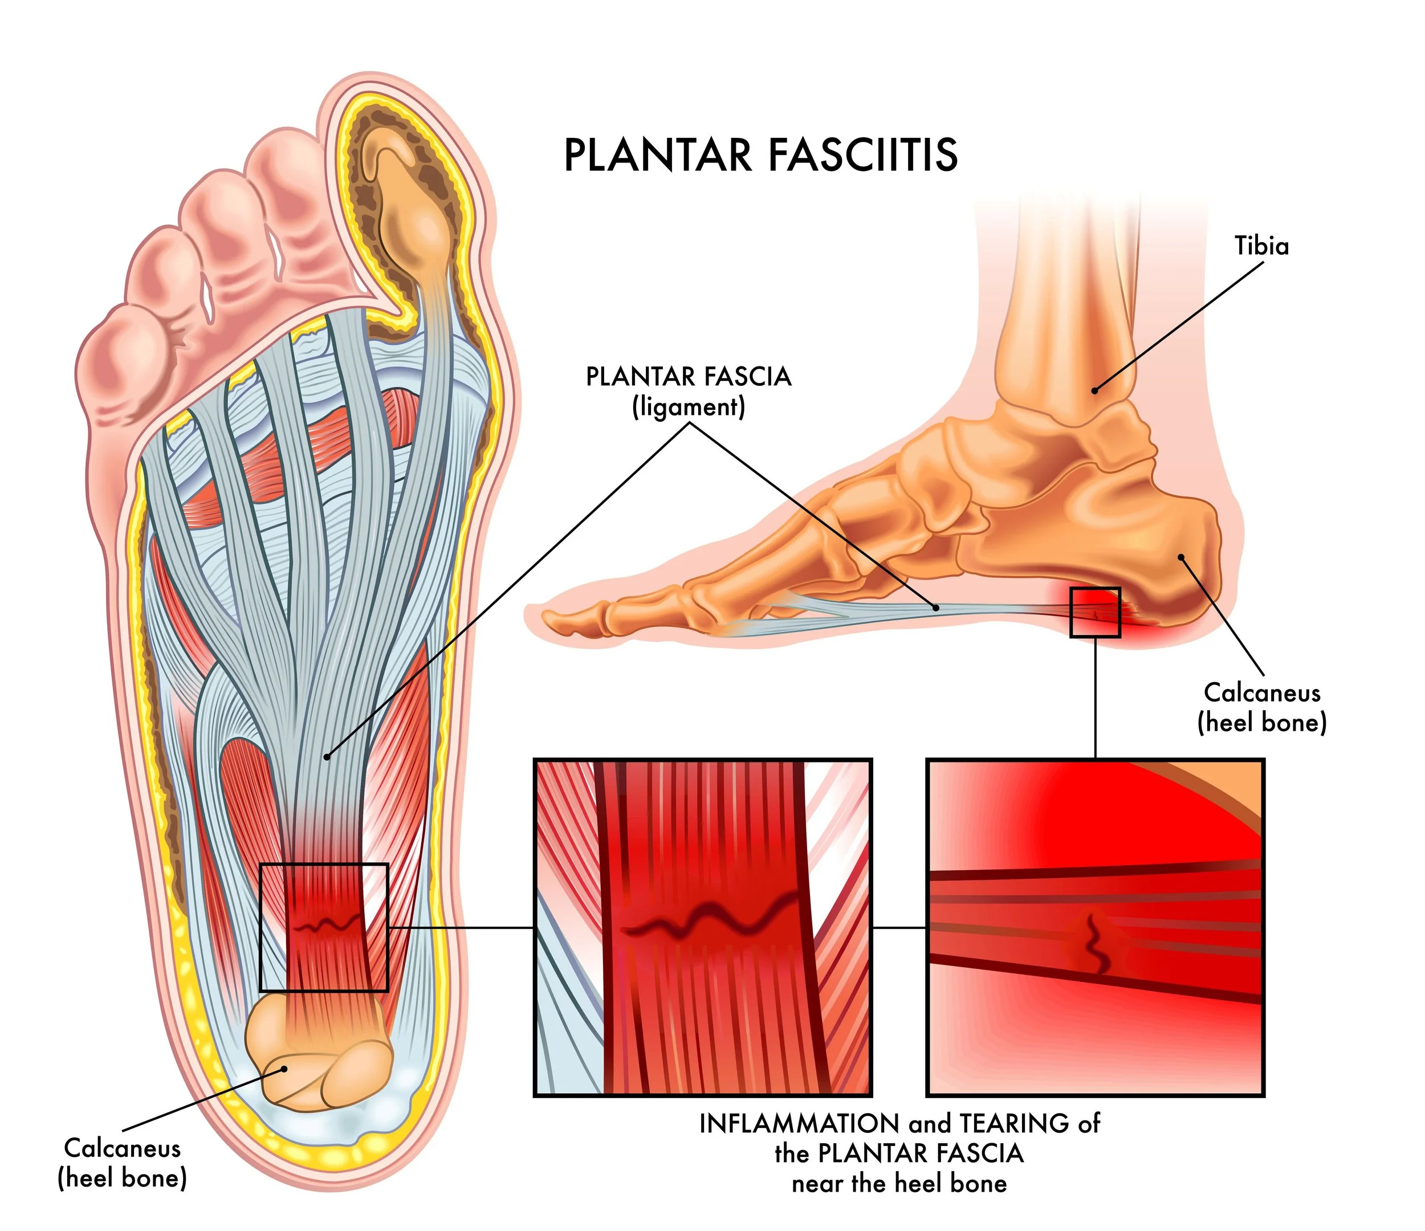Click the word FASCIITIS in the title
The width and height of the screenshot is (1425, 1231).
pyautogui.click(x=862, y=155)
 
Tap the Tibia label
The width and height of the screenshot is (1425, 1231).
pyautogui.click(x=1261, y=246)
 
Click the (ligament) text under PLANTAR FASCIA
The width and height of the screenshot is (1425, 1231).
pyautogui.click(x=689, y=407)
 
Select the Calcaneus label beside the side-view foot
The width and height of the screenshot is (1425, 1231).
pyautogui.click(x=1262, y=692)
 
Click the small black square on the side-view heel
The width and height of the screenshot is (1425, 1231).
pyautogui.click(x=1095, y=613)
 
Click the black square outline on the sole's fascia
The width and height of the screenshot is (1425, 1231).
pyautogui.click(x=324, y=927)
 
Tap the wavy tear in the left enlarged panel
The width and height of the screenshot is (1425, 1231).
pyautogui.click(x=709, y=922)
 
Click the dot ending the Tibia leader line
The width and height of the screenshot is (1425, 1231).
pyautogui.click(x=1094, y=390)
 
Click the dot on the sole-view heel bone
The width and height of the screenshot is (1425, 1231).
pyautogui.click(x=285, y=1069)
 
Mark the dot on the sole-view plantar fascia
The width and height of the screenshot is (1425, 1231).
pyautogui.click(x=327, y=757)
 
